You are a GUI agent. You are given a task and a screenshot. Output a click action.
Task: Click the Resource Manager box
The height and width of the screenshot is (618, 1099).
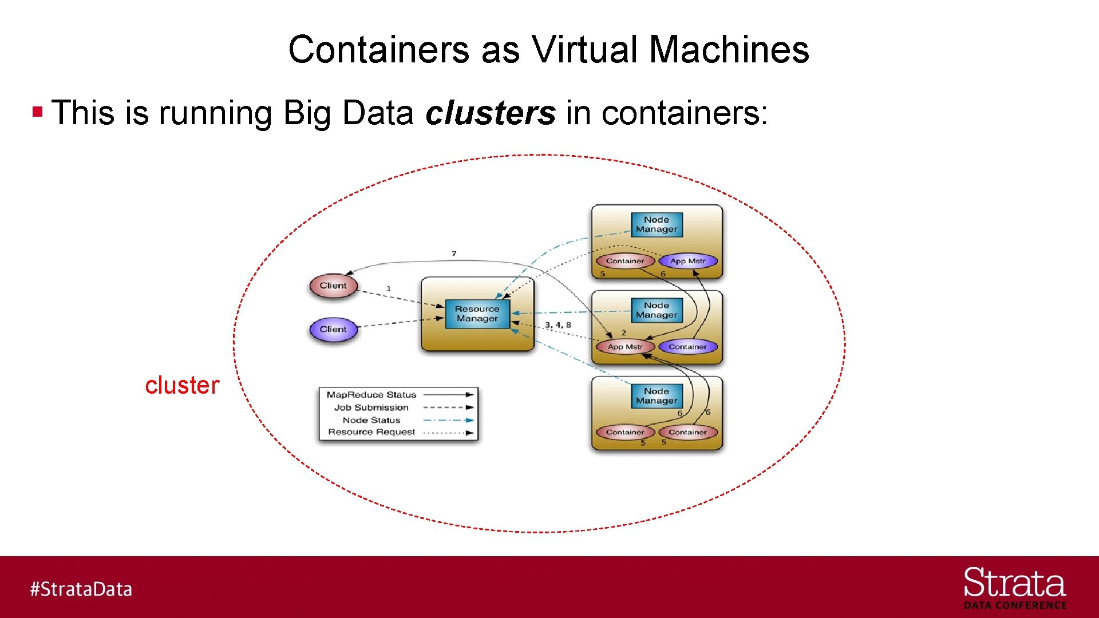pyautogui.click(x=477, y=314)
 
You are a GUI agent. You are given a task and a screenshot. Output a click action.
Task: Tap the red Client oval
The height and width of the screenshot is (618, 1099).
pyautogui.click(x=333, y=286)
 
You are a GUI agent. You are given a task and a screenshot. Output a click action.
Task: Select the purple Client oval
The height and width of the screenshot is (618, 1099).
pyautogui.click(x=333, y=329)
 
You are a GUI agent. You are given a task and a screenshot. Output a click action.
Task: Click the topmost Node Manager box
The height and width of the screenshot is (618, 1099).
pyautogui.click(x=656, y=224)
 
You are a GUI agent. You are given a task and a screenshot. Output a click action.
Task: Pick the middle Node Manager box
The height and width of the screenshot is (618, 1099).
pyautogui.click(x=656, y=310)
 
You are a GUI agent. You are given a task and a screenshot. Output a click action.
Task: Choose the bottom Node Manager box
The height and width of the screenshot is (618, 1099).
pyautogui.click(x=656, y=396)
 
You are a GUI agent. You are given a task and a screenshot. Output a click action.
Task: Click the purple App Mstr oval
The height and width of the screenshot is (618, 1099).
pyautogui.click(x=687, y=261)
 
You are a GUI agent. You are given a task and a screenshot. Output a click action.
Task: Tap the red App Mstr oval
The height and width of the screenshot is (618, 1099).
pyautogui.click(x=625, y=347)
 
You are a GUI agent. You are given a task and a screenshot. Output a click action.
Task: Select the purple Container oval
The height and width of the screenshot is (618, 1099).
pyautogui.click(x=687, y=347)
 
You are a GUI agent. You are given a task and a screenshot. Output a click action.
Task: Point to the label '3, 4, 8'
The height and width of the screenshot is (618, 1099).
pyautogui.click(x=558, y=325)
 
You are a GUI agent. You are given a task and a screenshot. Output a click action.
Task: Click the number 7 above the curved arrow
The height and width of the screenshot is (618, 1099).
pyautogui.click(x=454, y=253)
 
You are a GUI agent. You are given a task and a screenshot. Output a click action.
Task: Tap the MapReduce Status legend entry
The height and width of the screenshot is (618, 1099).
pyautogui.click(x=371, y=395)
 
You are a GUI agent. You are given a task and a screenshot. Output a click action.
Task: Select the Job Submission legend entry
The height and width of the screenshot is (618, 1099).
pyautogui.click(x=371, y=407)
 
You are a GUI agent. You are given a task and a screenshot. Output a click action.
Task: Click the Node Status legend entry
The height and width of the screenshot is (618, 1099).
pyautogui.click(x=371, y=420)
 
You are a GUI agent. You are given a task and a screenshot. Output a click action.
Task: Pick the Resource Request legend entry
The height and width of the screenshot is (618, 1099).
pyautogui.click(x=371, y=432)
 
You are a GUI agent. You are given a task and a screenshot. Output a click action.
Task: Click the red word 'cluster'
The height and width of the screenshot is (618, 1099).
pyautogui.click(x=182, y=385)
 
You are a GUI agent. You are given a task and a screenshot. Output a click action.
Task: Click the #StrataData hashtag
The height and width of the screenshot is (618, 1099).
pyautogui.click(x=81, y=589)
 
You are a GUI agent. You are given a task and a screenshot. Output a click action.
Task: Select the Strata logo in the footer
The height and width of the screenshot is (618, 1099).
pyautogui.click(x=1014, y=587)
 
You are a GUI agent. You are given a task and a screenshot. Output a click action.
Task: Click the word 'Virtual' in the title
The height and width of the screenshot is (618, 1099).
pyautogui.click(x=585, y=49)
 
